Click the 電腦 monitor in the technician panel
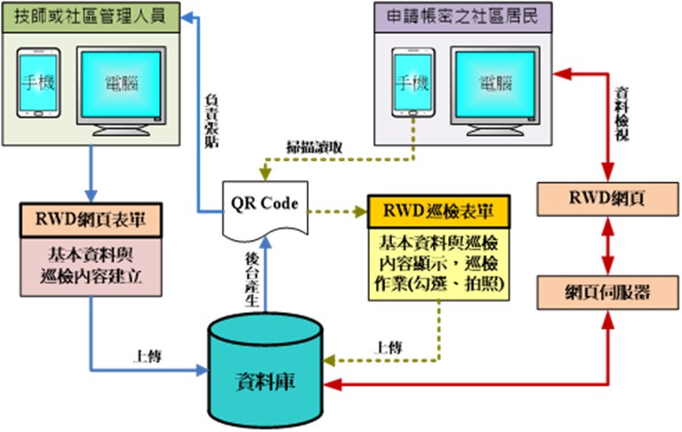pyautogui.click(x=121, y=85)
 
